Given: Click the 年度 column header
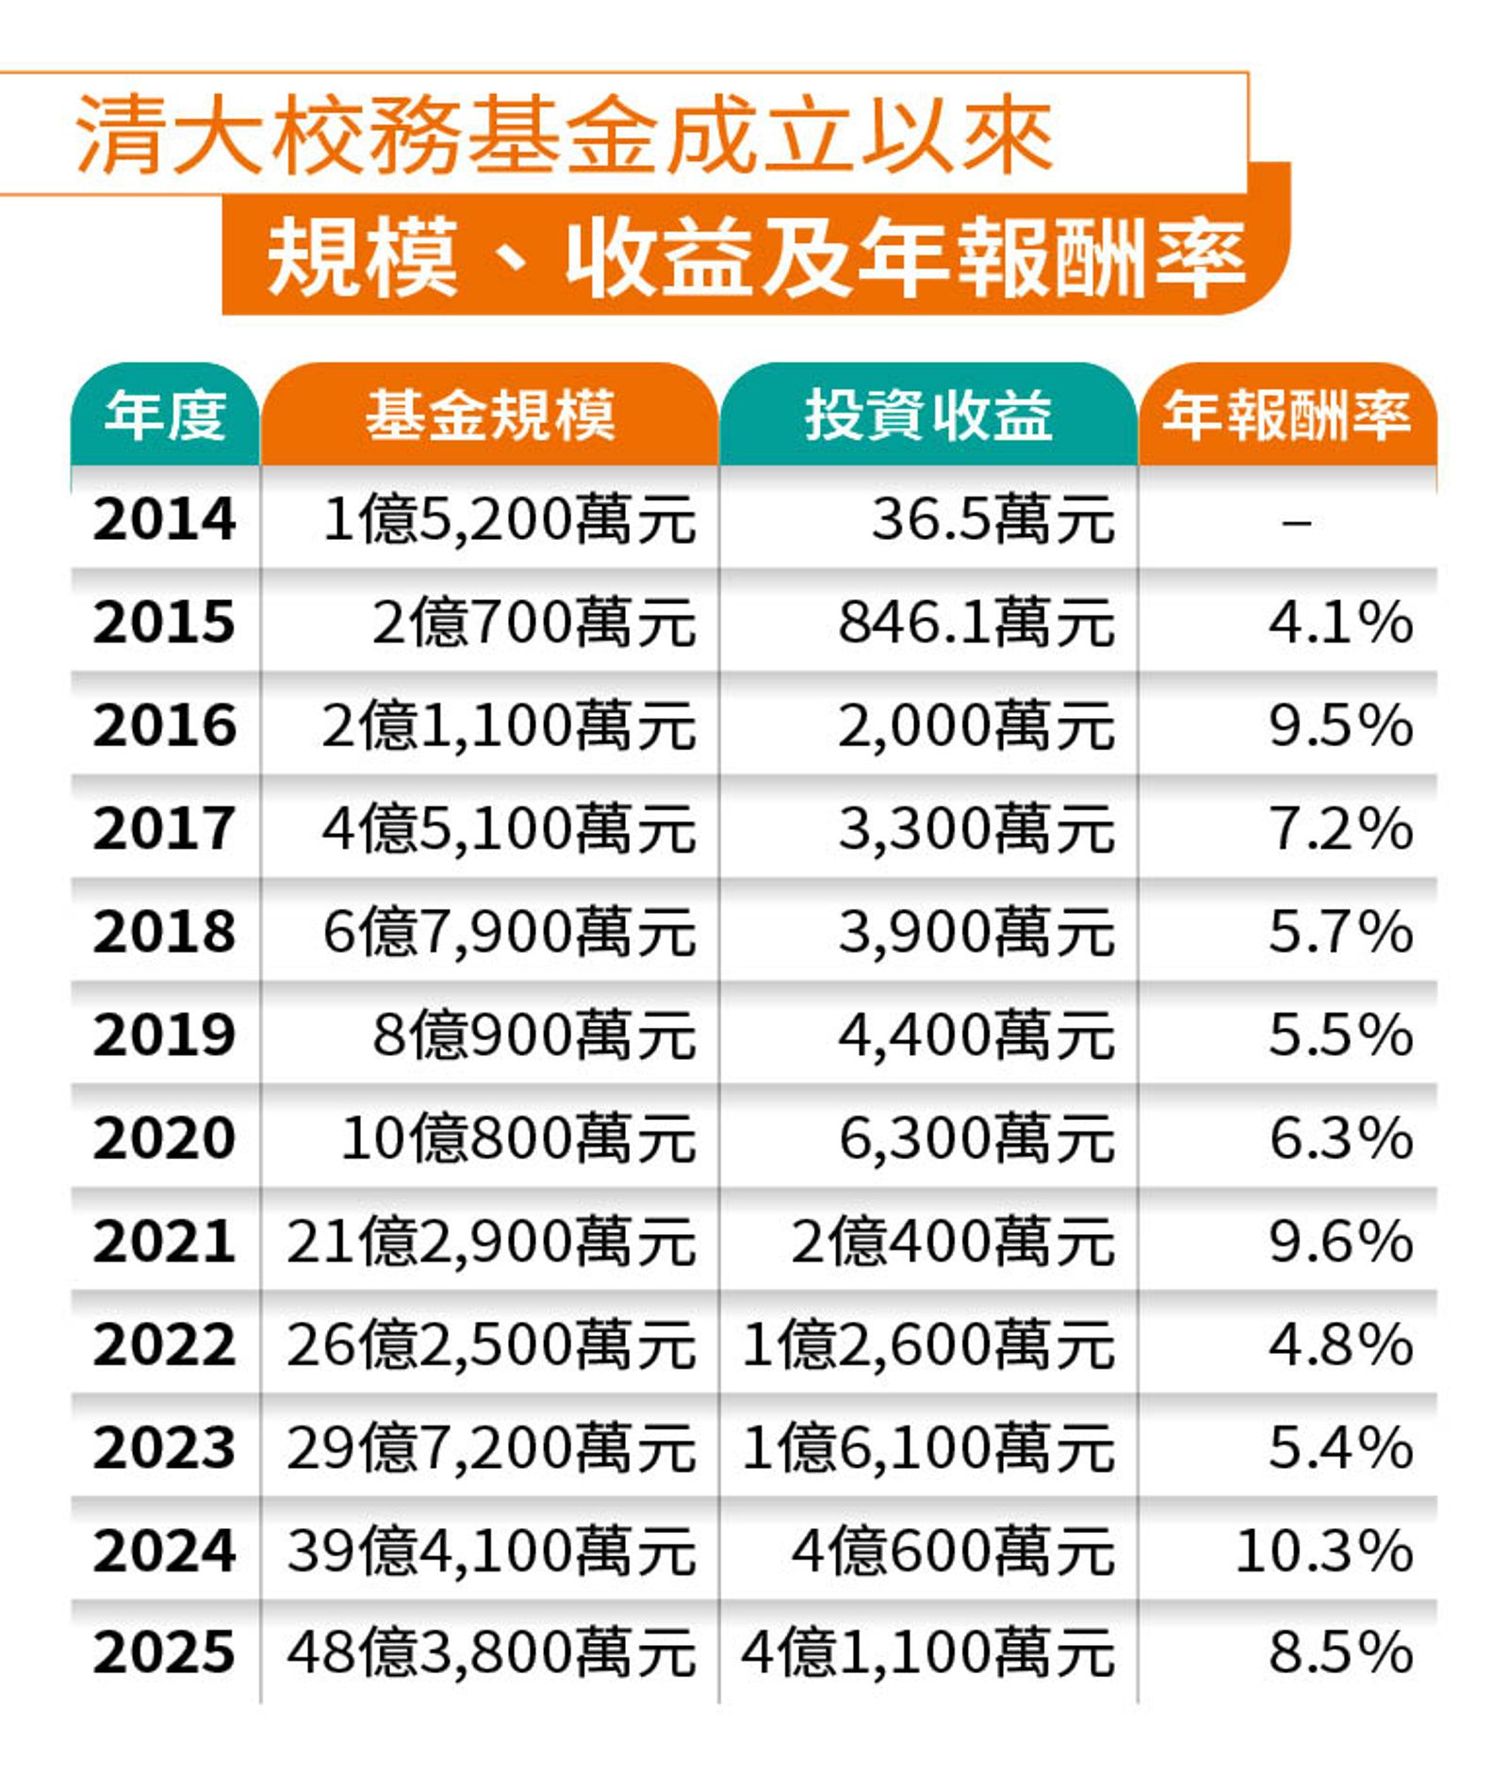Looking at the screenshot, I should click(165, 415).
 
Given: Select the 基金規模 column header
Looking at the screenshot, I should click(490, 415).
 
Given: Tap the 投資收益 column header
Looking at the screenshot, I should click(928, 415).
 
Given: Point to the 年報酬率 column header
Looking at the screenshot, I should click(1287, 415).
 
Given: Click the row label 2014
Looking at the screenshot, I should click(165, 519).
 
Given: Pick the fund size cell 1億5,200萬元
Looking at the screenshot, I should click(509, 519).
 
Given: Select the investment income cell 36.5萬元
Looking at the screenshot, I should click(992, 519).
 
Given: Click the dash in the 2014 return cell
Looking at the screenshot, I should click(1297, 521).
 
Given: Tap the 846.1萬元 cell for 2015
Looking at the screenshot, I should click(976, 623).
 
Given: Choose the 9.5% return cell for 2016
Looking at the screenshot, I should click(1340, 725).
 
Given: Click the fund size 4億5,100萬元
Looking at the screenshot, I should click(509, 829).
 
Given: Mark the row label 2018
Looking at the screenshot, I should click(165, 932).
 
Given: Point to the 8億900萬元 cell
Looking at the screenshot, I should click(533, 1034).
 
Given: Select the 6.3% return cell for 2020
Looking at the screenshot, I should click(1340, 1138).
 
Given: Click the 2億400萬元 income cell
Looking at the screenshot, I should click(953, 1241).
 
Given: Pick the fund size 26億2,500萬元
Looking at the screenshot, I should click(491, 1344).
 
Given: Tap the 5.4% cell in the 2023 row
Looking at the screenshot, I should click(1340, 1447).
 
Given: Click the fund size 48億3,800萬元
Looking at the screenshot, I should click(491, 1653).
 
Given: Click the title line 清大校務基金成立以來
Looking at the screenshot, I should click(564, 135).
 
